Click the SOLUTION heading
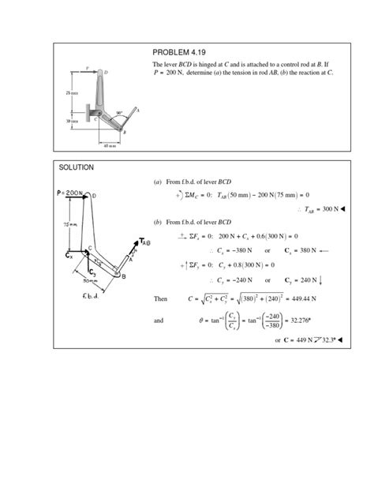click(77, 167)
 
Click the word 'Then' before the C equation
click(163, 299)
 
